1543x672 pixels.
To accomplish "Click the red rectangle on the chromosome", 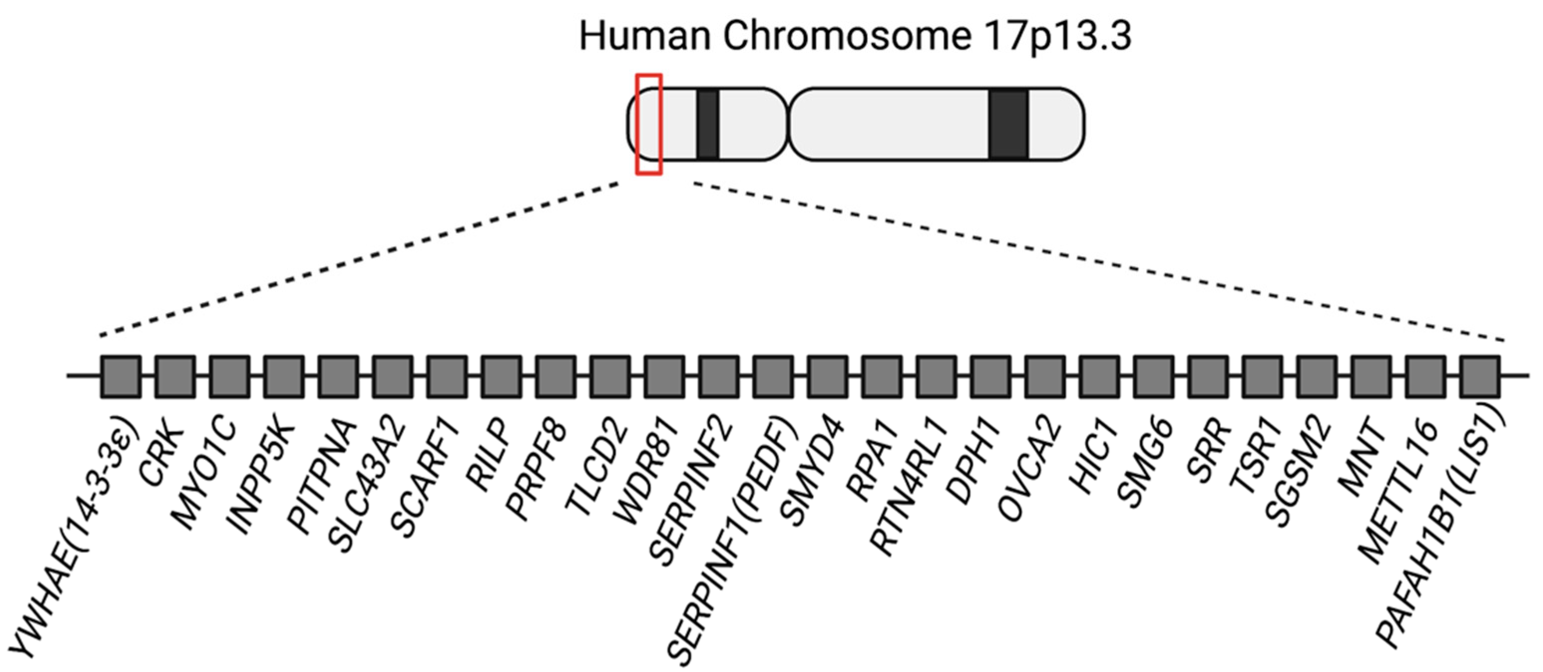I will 649,124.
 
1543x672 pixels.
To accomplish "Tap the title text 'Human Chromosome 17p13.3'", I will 855,35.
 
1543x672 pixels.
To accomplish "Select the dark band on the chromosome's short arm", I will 708,124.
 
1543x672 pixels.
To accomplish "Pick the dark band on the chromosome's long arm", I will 1009,124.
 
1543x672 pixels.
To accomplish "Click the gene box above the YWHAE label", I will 121,376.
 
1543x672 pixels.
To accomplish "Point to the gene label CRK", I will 161,455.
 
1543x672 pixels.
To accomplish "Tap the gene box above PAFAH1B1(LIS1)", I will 1480,376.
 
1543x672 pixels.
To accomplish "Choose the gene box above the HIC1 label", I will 1099,376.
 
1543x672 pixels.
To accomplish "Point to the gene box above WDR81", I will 664,376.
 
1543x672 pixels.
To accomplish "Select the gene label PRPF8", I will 536,470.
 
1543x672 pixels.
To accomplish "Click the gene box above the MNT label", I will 1371,376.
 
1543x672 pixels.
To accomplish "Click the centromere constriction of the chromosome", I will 787,124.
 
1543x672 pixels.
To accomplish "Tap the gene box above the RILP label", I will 501,376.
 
